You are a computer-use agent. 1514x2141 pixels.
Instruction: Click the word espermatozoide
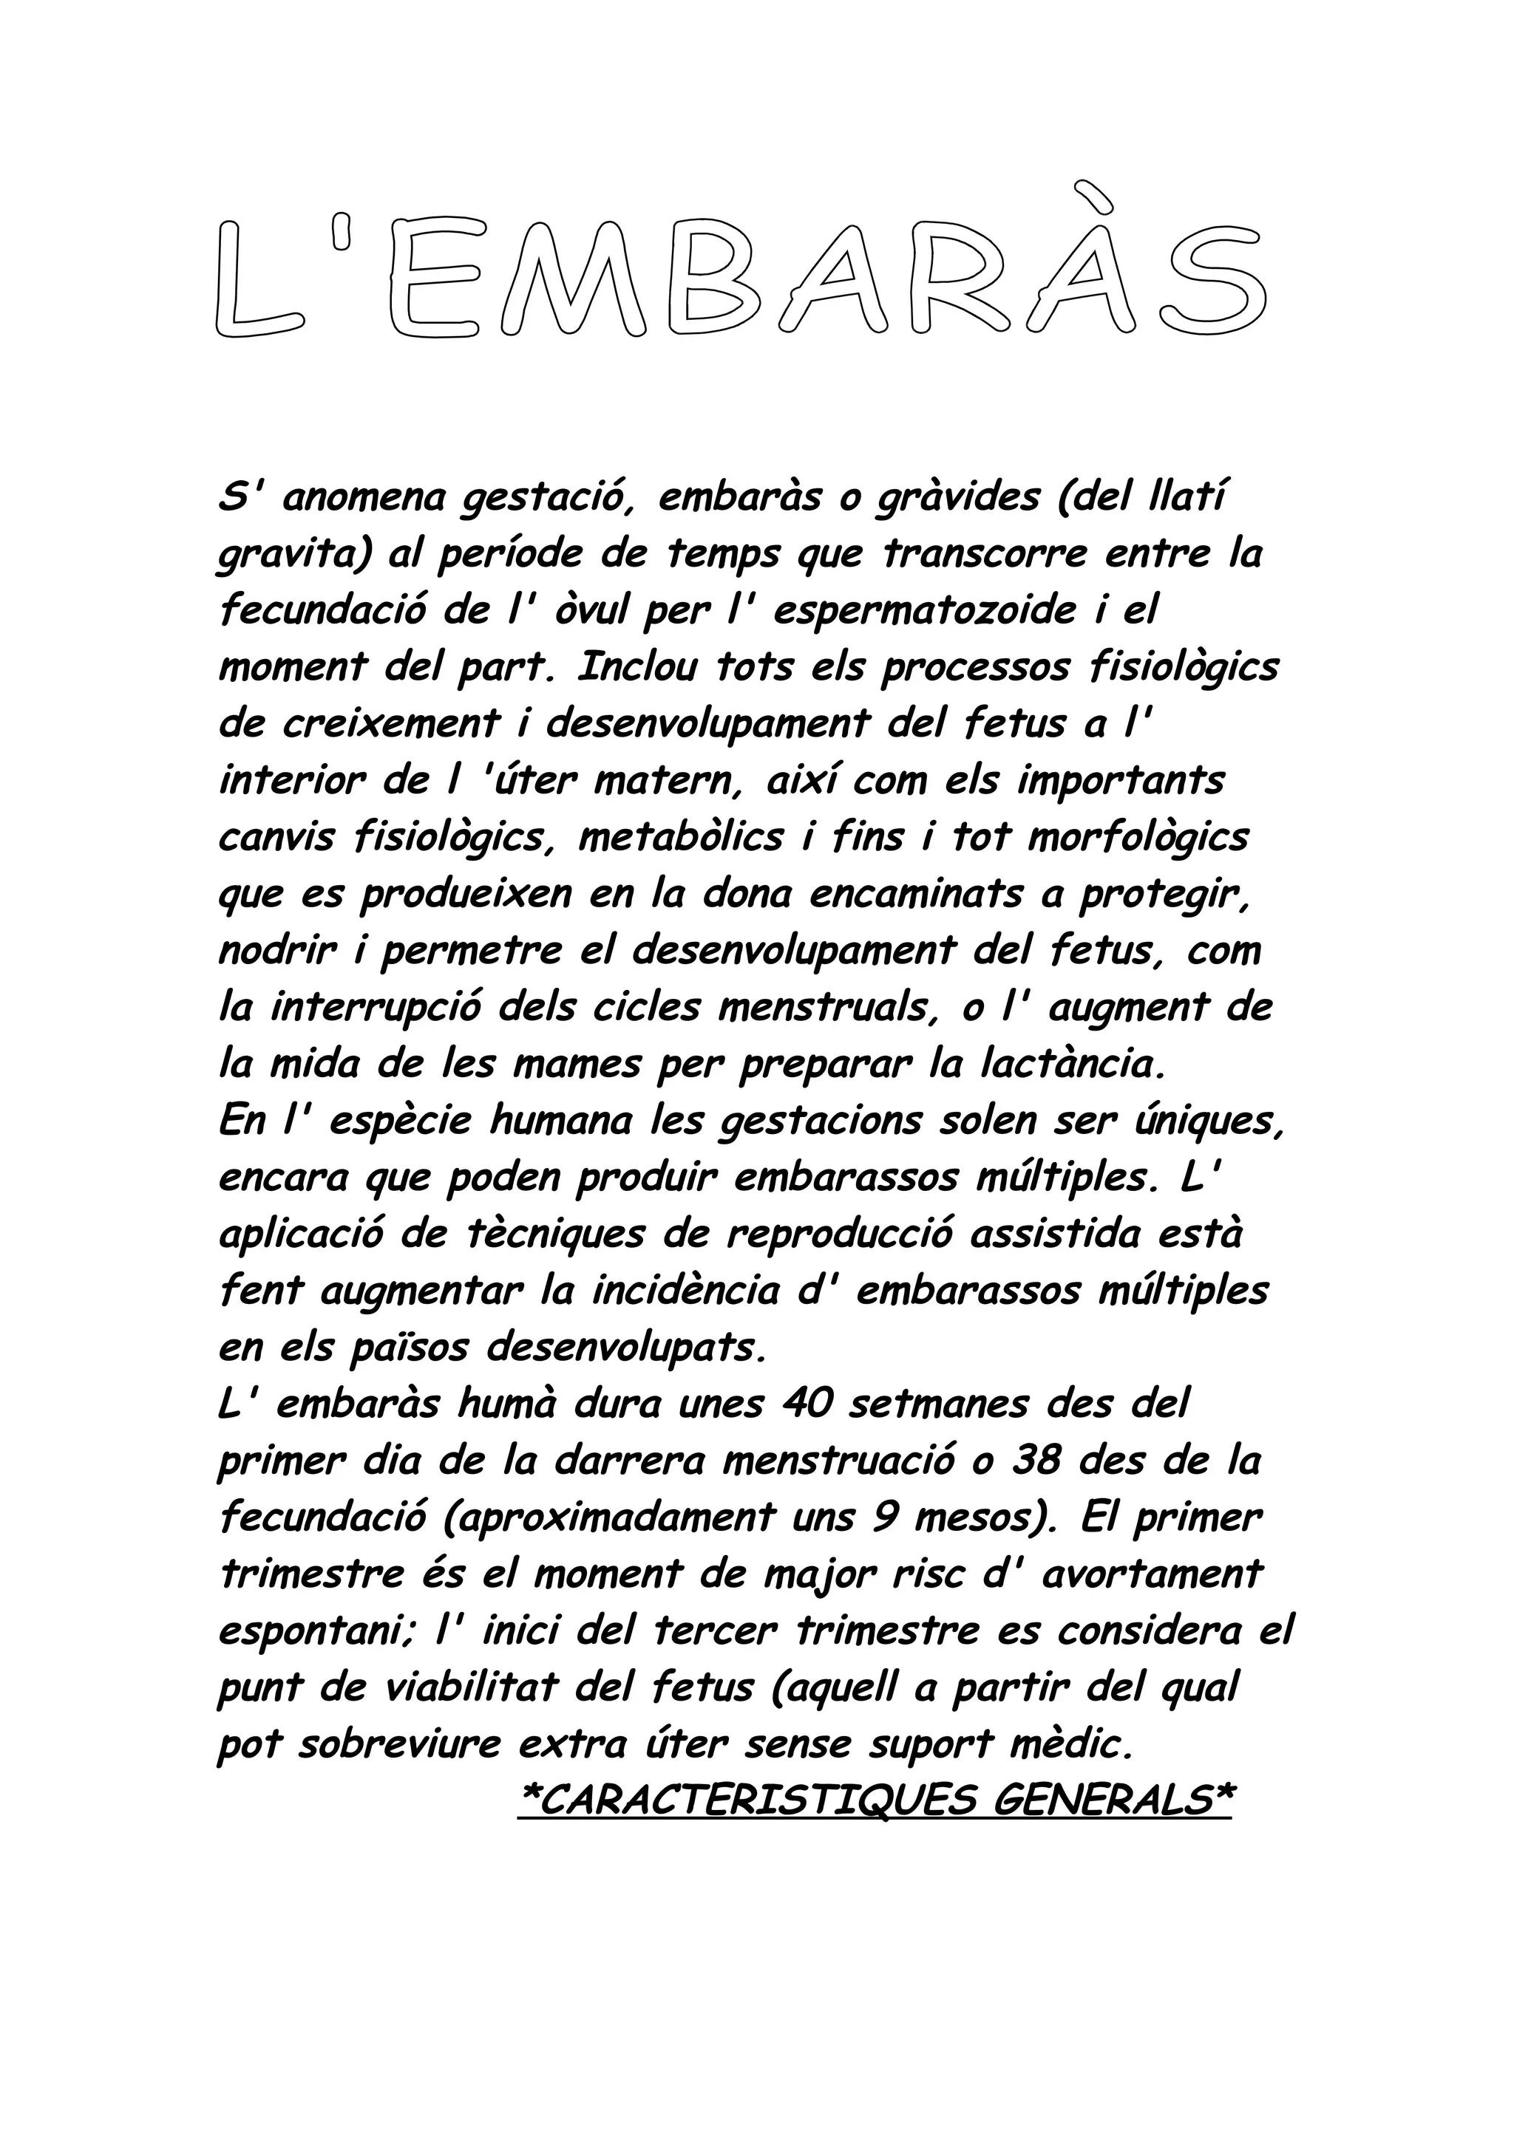click(923, 612)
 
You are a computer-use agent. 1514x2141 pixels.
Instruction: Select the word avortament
click(1151, 1574)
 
